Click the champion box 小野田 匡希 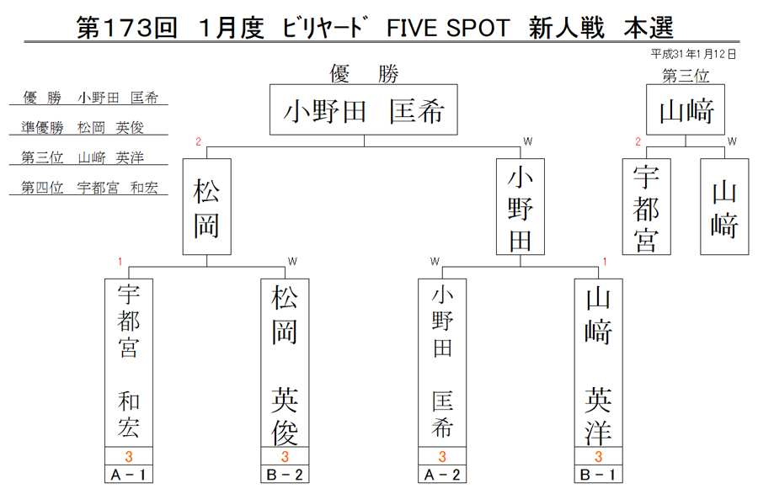364,109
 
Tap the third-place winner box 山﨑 686,109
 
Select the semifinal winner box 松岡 207,207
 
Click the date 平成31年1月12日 693,54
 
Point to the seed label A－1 129,475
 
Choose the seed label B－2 285,475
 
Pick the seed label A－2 442,475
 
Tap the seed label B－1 599,475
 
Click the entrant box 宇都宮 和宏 129,363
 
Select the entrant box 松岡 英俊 285,363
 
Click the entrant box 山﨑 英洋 599,363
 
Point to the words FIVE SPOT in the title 448,28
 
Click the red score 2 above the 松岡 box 198,141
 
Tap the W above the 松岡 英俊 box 292,262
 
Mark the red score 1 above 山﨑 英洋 605,262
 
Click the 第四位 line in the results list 89,188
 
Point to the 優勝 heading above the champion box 364,74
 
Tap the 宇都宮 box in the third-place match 646,207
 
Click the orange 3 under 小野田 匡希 442,456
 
